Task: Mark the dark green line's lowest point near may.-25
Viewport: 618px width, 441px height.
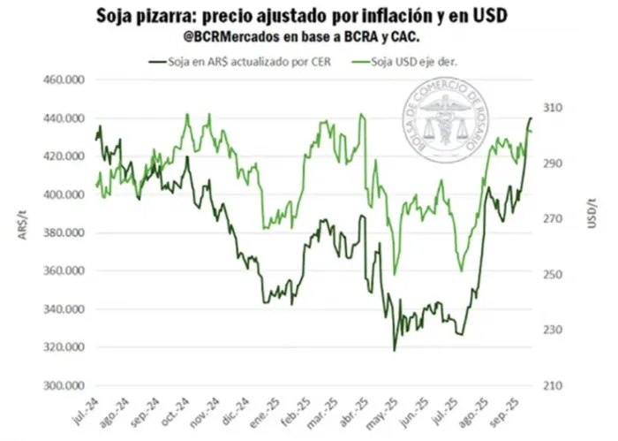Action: click(x=395, y=351)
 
